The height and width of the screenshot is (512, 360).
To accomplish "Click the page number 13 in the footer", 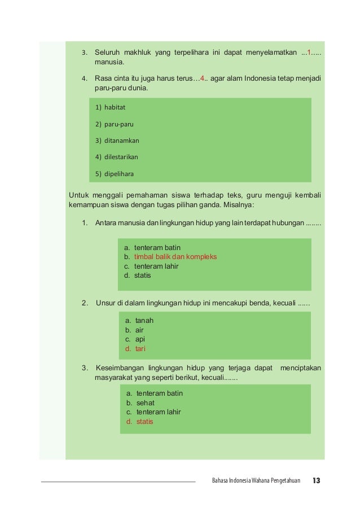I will (x=316, y=481).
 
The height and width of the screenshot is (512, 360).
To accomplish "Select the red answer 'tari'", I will (x=140, y=349).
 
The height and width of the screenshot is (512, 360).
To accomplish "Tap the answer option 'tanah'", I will (x=144, y=320).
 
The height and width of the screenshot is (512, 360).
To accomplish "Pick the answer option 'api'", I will (x=140, y=339).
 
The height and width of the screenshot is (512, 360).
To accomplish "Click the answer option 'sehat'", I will (x=145, y=403).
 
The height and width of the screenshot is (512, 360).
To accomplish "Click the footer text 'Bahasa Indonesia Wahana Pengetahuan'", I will (x=256, y=482).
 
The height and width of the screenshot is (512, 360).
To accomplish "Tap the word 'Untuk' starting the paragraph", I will (x=78, y=195).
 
